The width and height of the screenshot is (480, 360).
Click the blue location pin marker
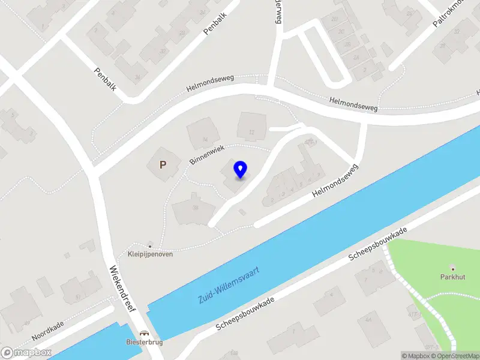(x=240, y=170)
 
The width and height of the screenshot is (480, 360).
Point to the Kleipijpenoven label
(x=150, y=254)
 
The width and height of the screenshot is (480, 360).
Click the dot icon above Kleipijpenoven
(x=150, y=245)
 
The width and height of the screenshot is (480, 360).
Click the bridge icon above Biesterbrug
(x=144, y=333)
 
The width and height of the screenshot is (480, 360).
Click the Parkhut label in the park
(x=452, y=277)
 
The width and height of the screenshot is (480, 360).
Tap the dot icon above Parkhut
(x=452, y=268)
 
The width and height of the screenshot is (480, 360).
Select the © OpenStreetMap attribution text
(x=455, y=356)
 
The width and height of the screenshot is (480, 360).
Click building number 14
(x=205, y=140)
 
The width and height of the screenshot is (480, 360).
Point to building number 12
(x=251, y=132)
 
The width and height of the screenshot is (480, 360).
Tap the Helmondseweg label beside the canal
(x=335, y=182)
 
